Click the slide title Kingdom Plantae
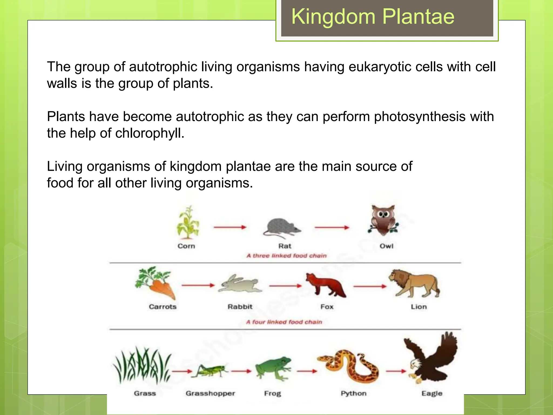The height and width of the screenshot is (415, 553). pos(373,17)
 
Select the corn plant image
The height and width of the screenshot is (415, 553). pos(188,223)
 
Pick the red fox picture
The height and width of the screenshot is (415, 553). pos(325,285)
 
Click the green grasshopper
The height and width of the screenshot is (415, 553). pos(210,370)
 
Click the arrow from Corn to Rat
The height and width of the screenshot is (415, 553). pos(230,227)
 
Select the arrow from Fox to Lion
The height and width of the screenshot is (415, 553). pos(370,286)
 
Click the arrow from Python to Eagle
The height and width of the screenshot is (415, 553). pos(396,371)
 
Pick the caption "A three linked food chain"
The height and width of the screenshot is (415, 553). pos(286,256)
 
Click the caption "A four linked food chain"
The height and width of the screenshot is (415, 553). pos(284,322)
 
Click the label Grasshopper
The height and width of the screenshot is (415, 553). pos(210,393)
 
